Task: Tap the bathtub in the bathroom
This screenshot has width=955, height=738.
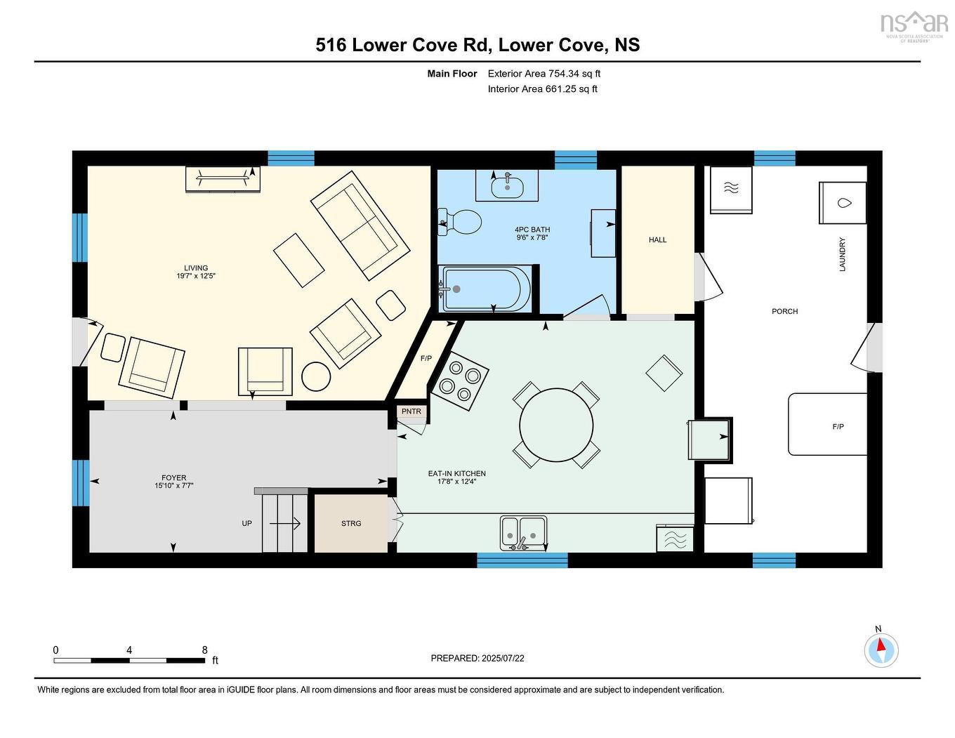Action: coord(486,289)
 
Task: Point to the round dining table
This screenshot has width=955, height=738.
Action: coord(556,425)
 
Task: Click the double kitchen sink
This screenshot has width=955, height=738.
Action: coord(523,532)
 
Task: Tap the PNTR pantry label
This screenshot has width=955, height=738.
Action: coord(411,411)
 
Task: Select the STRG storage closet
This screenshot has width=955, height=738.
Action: coord(351,523)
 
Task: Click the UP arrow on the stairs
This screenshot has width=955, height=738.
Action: coord(284,523)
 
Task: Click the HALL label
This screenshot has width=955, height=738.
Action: coord(657,240)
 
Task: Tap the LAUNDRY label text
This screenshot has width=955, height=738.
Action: coord(842,254)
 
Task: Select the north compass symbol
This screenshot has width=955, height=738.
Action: coord(881,650)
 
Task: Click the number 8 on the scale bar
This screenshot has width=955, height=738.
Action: coord(204,650)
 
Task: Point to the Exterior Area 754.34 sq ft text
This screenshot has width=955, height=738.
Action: coord(544,74)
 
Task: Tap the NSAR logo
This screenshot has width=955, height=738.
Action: coord(913,25)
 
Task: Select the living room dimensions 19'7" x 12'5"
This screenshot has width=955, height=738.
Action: coord(196,277)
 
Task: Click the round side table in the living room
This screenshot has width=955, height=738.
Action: coord(316,376)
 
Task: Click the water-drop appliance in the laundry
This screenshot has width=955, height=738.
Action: coord(843,203)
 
